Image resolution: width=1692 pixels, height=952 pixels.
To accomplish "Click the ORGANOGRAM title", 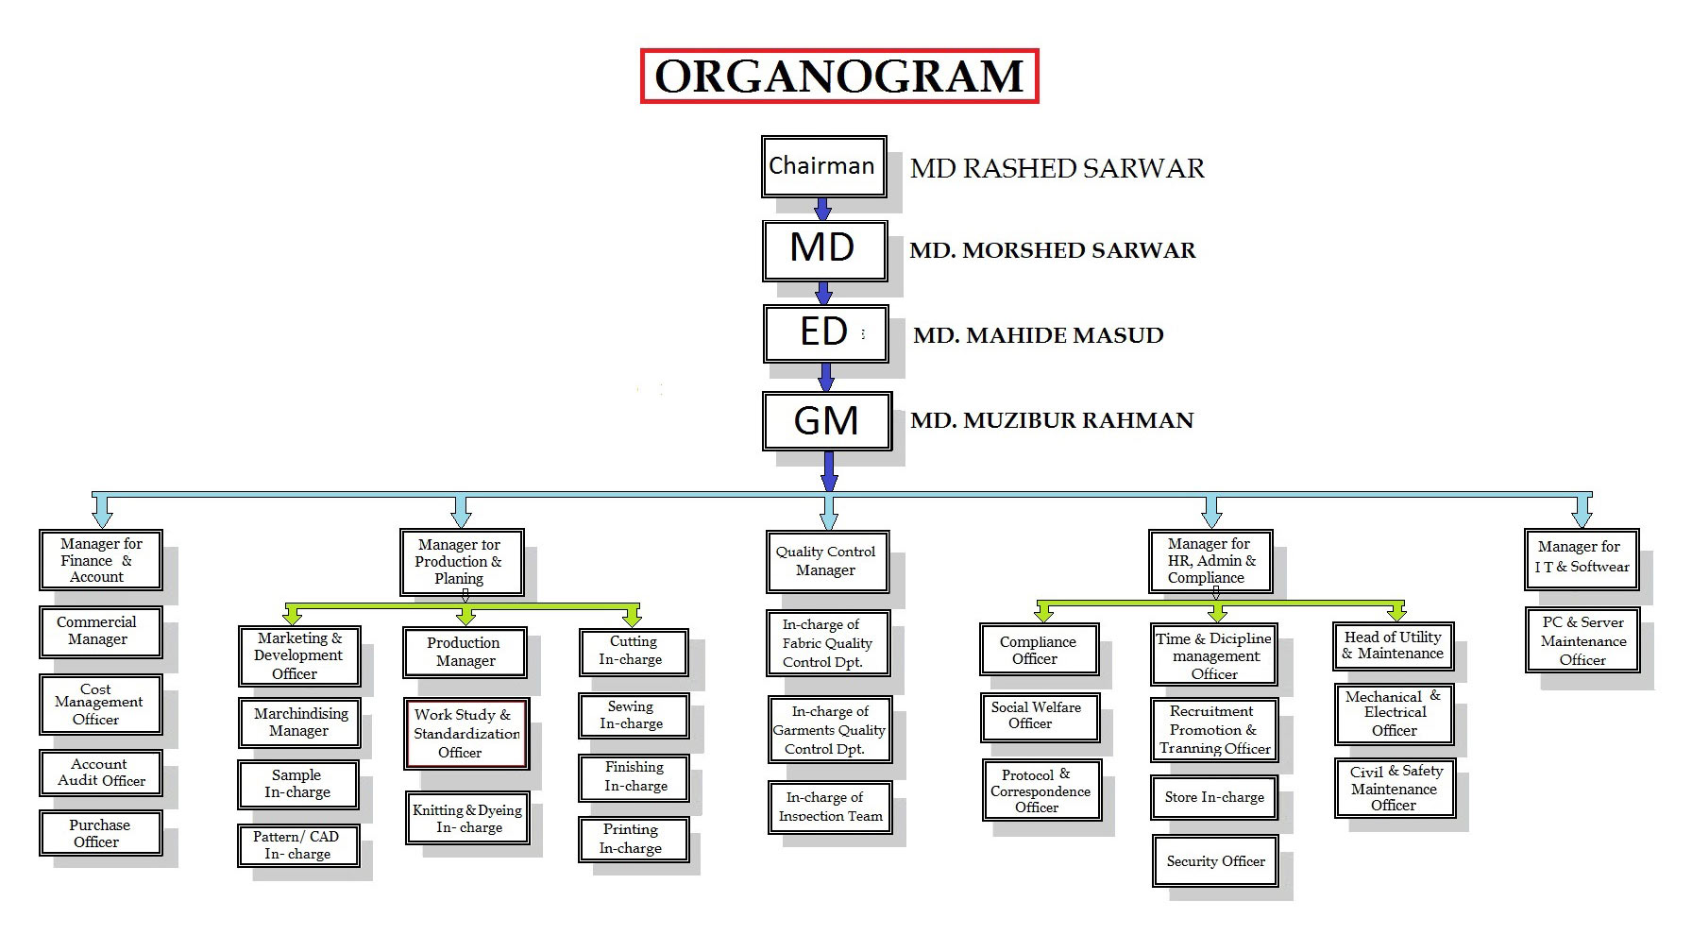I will (838, 76).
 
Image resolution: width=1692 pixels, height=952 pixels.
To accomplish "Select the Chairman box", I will (823, 166).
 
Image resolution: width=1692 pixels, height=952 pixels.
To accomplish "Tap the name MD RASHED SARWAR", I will (1057, 169).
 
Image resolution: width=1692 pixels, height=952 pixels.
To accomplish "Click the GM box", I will (826, 420).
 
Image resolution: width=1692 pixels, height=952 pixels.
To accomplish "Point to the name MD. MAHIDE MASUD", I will (1038, 335).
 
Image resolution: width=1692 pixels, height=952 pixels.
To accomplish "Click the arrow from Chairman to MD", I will (822, 209).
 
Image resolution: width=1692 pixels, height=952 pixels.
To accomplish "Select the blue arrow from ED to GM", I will (826, 377).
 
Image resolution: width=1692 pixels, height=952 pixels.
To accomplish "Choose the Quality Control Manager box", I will (826, 561).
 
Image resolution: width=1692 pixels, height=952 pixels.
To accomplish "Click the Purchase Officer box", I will (99, 833).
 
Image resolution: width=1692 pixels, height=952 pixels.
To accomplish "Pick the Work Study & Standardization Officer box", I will (465, 733).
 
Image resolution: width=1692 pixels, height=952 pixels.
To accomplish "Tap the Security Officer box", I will (1214, 860).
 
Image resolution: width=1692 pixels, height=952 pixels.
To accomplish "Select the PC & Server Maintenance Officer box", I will (1582, 640).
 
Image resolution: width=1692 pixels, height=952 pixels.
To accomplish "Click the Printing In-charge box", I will (633, 839).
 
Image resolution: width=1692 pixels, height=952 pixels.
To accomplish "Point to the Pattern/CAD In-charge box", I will (297, 844).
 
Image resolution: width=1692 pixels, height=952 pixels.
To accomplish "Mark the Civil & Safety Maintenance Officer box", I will (1394, 788).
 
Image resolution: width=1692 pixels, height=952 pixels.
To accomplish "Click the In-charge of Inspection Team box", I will (828, 807).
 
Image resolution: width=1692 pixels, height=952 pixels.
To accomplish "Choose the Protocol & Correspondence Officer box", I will (1041, 790).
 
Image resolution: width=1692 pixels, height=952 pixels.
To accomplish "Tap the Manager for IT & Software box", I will (1581, 557).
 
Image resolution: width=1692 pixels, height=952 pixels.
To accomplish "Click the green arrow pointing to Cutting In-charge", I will (633, 614).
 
